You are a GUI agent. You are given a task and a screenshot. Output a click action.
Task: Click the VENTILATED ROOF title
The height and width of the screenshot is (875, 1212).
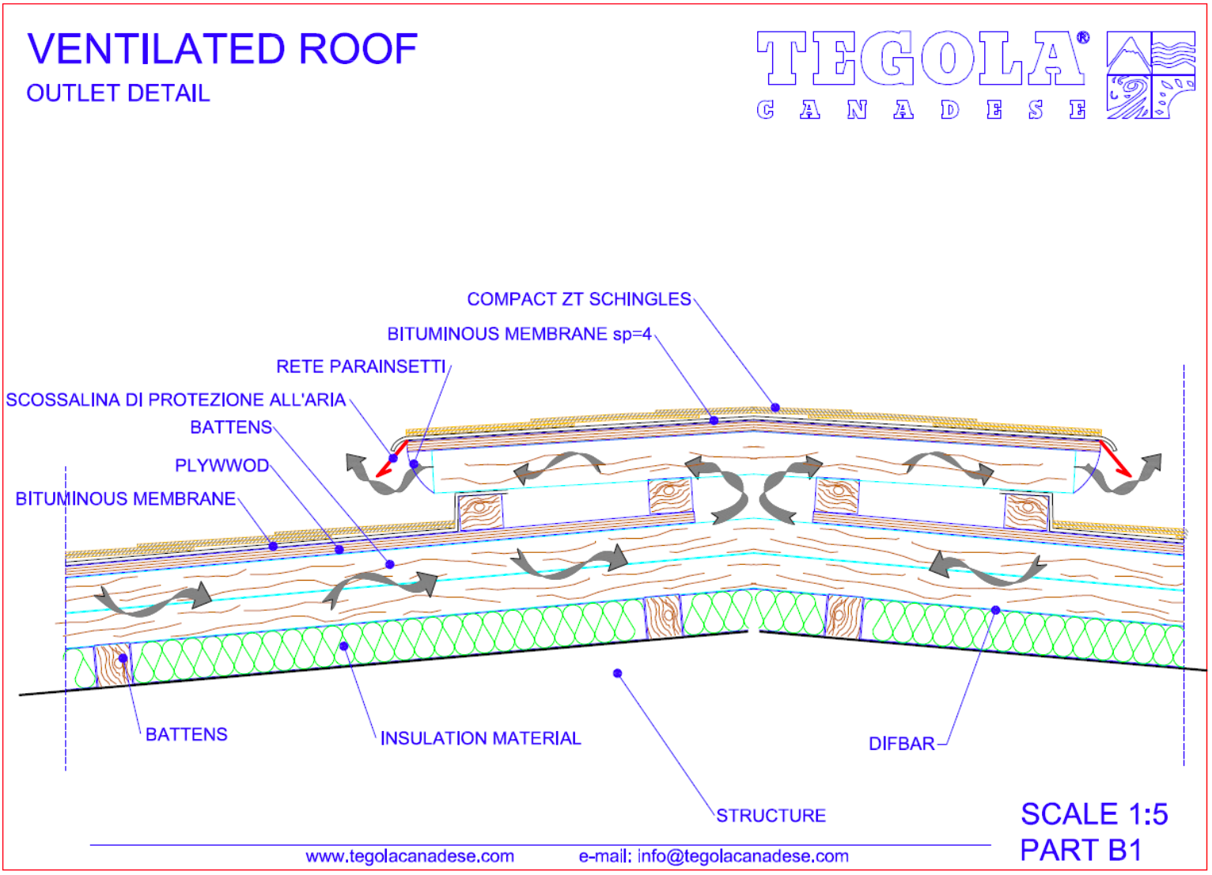click(x=222, y=49)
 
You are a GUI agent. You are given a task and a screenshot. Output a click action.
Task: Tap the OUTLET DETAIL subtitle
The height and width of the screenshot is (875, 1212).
click(x=118, y=93)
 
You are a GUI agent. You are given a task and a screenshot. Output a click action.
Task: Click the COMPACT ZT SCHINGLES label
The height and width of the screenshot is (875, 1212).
click(x=579, y=299)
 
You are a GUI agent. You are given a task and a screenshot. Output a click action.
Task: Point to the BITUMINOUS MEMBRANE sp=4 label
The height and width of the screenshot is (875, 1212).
click(x=520, y=334)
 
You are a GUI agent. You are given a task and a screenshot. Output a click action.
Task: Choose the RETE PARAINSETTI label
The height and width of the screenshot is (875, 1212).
click(x=361, y=366)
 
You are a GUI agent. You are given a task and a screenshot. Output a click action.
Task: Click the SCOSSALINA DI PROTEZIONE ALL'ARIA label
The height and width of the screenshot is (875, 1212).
click(x=176, y=400)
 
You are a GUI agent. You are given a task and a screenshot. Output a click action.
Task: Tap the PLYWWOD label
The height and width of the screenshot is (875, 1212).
click(x=222, y=465)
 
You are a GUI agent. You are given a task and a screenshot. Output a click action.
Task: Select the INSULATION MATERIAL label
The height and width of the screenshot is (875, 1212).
click(x=480, y=738)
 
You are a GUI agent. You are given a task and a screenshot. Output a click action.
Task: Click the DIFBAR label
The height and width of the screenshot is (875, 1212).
click(x=901, y=744)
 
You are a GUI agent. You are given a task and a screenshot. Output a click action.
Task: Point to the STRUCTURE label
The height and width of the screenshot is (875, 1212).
click(x=771, y=816)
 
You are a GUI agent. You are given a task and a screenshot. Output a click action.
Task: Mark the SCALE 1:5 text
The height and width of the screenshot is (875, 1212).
click(x=1094, y=814)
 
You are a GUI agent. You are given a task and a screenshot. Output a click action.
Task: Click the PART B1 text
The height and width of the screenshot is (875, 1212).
click(x=1081, y=850)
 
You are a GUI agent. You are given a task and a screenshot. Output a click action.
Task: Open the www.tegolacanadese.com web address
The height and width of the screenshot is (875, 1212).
click(x=410, y=857)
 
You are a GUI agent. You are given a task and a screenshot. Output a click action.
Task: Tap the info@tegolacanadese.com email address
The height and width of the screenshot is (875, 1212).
click(x=743, y=857)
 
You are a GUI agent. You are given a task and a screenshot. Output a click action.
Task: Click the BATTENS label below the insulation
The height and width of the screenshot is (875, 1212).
click(x=187, y=734)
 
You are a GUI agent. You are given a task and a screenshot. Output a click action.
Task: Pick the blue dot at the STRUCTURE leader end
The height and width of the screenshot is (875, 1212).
click(x=617, y=673)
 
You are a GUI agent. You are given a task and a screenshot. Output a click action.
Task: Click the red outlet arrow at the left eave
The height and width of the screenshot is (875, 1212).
click(x=392, y=459)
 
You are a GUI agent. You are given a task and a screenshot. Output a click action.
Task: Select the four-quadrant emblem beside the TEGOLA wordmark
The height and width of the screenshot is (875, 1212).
click(x=1150, y=74)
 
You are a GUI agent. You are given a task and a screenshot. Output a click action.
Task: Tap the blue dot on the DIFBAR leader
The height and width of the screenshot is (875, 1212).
click(x=995, y=610)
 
